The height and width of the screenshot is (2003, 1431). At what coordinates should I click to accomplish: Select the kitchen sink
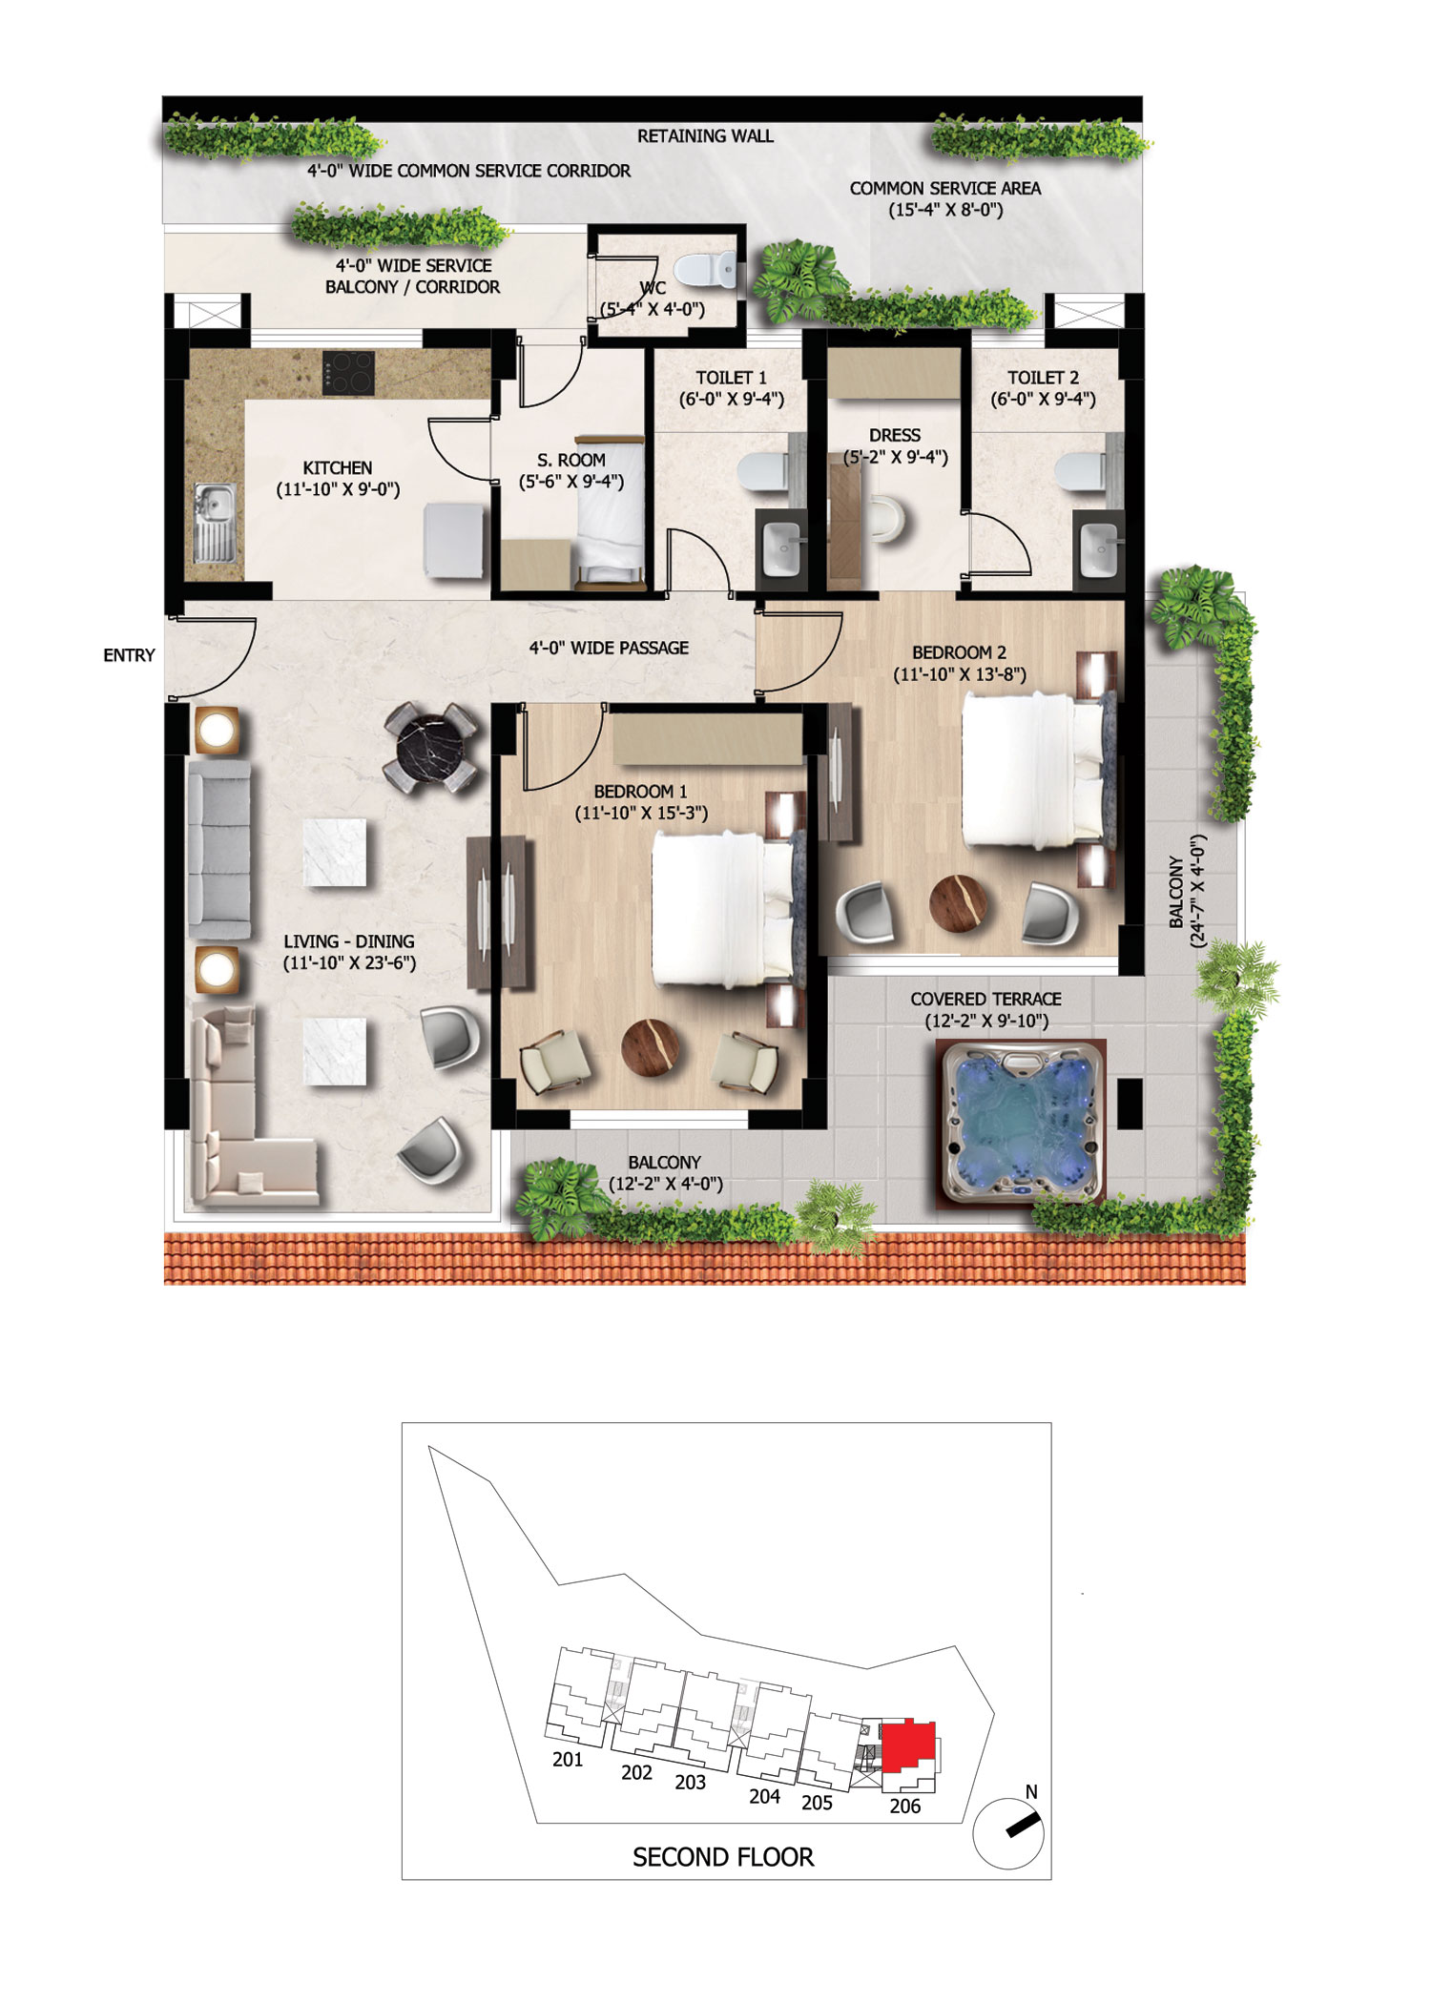coord(215,523)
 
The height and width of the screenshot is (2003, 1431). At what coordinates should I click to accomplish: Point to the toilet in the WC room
coord(716,270)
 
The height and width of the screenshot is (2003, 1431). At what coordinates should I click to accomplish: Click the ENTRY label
coord(129,655)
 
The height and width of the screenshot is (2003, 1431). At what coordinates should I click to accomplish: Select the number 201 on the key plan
coord(568,1760)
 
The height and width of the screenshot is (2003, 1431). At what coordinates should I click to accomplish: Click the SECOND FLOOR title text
coord(723,1857)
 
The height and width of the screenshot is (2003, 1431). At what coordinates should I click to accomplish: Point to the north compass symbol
coord(1009,1831)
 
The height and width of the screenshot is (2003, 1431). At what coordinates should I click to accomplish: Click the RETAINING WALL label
coord(705,136)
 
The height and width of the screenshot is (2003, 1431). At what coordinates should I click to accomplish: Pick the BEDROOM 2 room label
coord(959,653)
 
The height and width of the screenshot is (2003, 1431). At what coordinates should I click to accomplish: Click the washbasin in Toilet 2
coord(1097,547)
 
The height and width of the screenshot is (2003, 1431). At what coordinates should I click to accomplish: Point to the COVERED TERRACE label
coord(985,1000)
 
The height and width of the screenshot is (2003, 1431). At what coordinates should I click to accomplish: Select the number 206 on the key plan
coord(905,1806)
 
